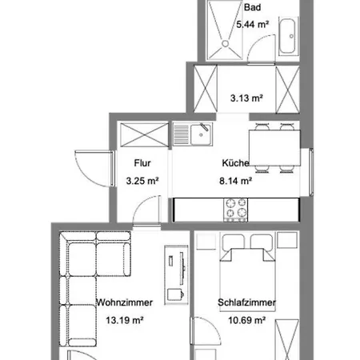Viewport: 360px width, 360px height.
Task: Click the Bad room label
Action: (252, 7)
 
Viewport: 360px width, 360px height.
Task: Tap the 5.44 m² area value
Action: (252, 25)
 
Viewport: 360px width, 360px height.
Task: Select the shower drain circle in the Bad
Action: (226, 43)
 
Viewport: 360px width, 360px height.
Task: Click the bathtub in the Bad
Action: (287, 36)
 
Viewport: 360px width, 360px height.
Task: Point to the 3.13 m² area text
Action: (246, 98)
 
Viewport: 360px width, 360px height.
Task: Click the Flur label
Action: (142, 163)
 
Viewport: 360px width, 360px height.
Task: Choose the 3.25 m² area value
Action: (142, 181)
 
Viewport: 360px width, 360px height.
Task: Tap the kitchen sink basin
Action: (201, 134)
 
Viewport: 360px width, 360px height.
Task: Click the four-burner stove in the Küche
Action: (235, 210)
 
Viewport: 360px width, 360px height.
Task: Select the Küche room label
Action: (235, 163)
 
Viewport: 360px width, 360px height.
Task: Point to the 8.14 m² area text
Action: (235, 181)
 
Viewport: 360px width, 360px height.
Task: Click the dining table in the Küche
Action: (274, 148)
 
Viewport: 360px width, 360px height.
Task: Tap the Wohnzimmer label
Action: (125, 302)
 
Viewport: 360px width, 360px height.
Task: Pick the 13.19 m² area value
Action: (125, 320)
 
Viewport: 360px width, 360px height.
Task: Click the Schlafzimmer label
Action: (246, 302)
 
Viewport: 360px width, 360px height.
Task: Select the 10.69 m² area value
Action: (246, 320)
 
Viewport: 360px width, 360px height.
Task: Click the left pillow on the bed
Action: (234, 242)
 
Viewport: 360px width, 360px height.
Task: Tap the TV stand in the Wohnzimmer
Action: (176, 274)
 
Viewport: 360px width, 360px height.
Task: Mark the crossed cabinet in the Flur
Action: (144, 134)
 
